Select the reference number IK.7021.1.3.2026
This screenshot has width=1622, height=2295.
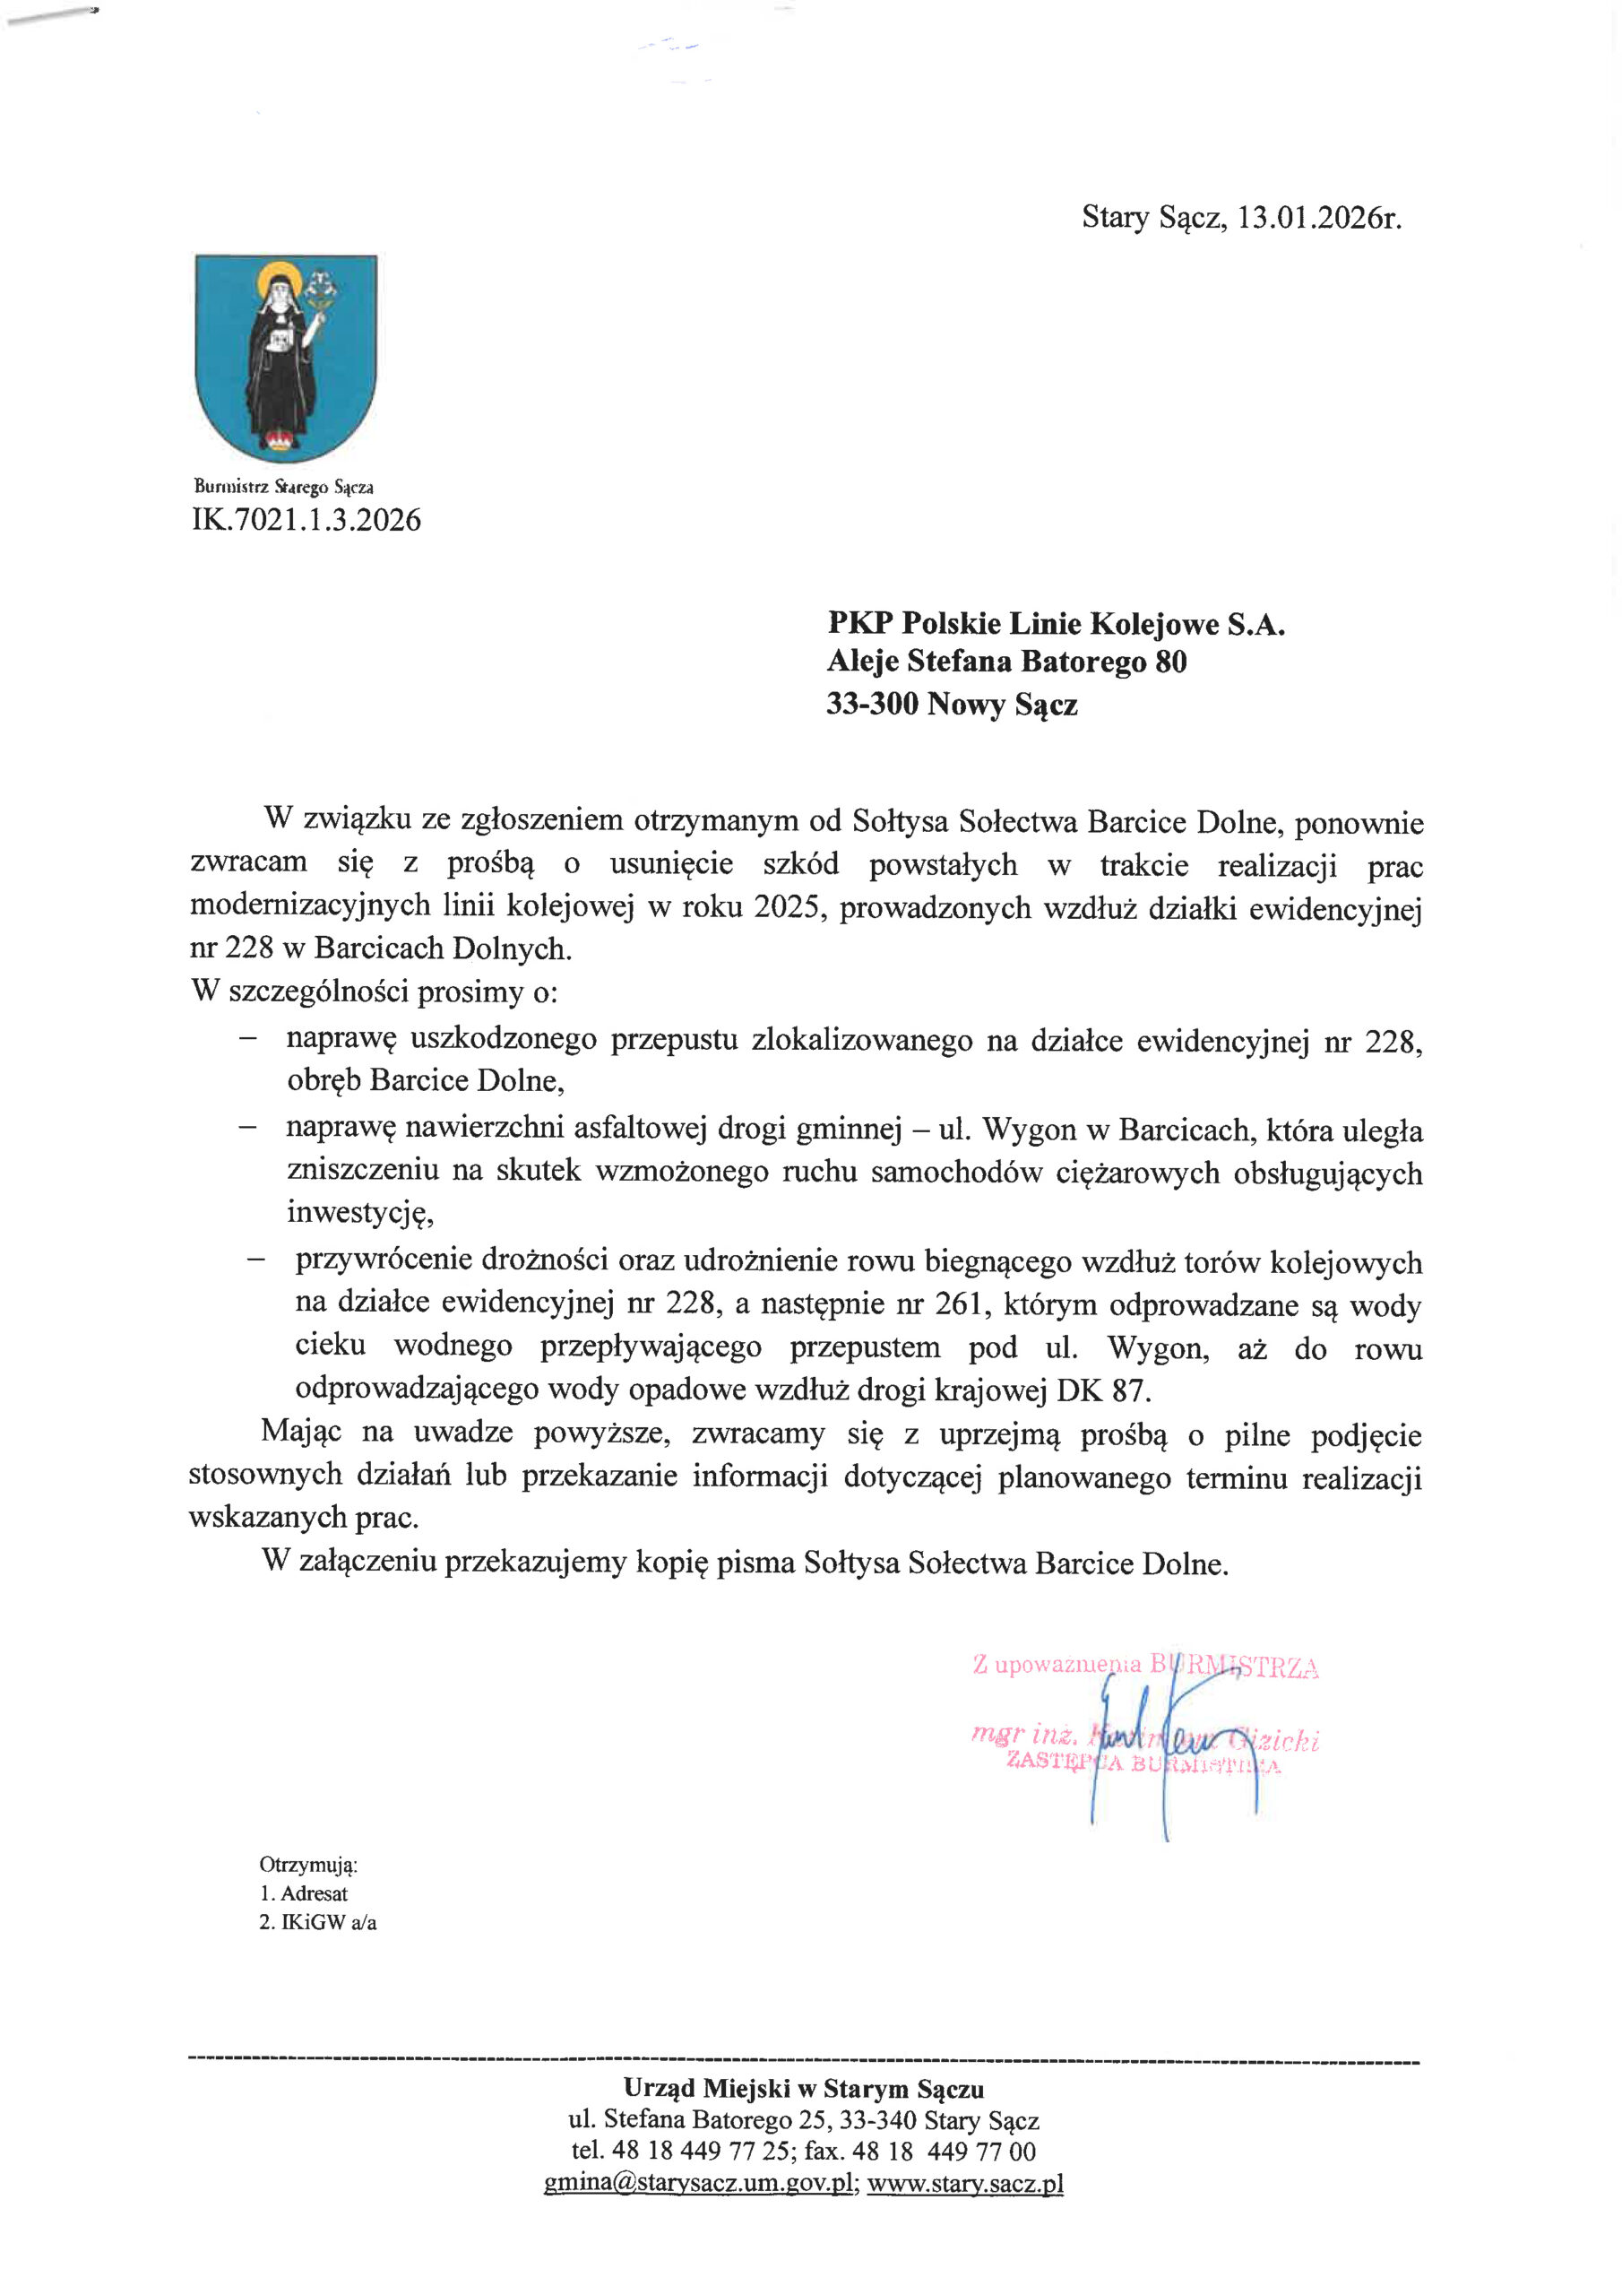(x=306, y=520)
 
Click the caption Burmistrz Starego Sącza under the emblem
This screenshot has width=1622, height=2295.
(x=284, y=488)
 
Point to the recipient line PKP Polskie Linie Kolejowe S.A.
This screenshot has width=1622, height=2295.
(x=1056, y=624)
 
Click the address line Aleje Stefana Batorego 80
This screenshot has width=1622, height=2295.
(x=1006, y=662)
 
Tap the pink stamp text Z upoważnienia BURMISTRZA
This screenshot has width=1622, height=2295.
(x=1145, y=1667)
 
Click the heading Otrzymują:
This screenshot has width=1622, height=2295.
(x=307, y=1864)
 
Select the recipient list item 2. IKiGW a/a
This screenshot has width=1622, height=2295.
(x=318, y=1921)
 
